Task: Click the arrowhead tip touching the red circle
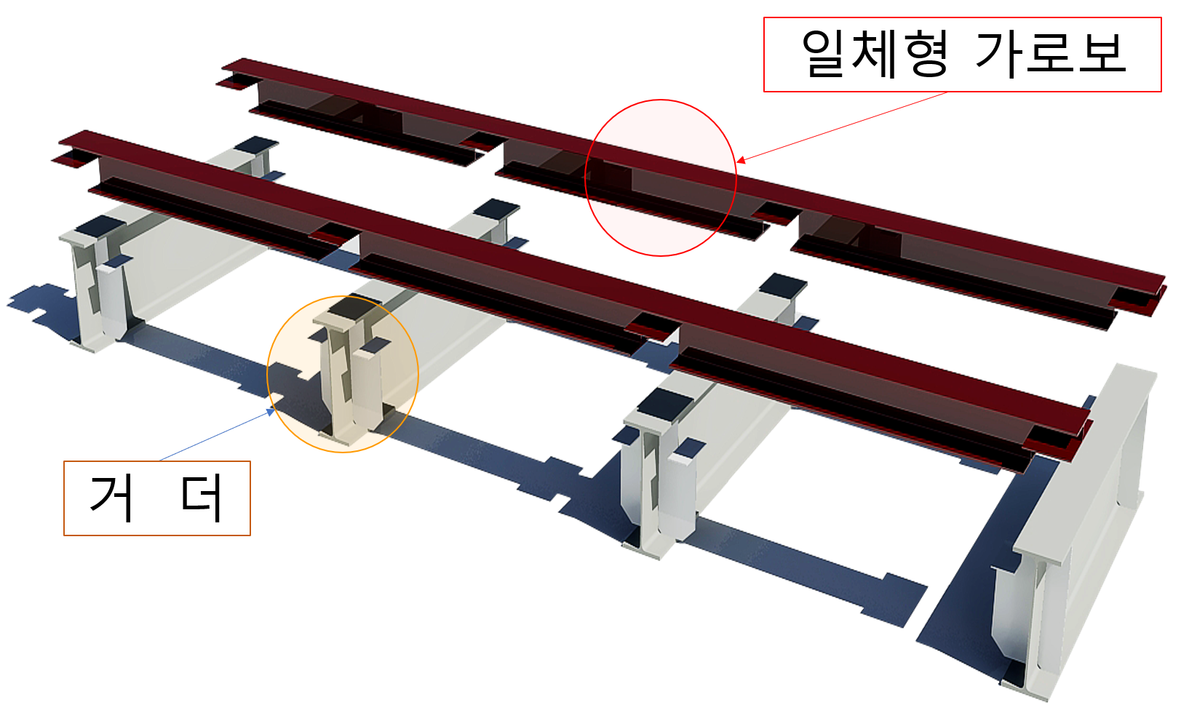pos(737,162)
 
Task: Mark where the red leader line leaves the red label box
pos(947,92)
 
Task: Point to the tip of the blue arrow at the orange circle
pos(274,410)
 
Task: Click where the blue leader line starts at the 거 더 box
pos(160,461)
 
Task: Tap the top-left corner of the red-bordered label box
pos(764,17)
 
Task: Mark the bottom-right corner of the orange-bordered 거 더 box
pos(250,535)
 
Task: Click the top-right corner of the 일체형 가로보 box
pos(1161,17)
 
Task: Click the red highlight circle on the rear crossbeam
pos(661,100)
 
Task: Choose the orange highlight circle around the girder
pos(343,296)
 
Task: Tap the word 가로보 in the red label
pos(1050,53)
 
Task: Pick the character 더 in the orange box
pos(202,498)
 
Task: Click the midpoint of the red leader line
pos(842,127)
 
